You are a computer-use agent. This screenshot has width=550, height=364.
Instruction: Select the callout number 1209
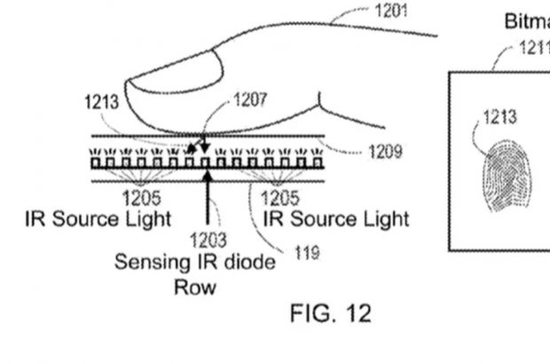383,152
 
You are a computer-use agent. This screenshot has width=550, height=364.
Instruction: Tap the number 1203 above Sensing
208,240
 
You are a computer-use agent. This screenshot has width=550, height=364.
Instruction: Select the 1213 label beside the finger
102,103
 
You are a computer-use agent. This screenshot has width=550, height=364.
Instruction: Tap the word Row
195,287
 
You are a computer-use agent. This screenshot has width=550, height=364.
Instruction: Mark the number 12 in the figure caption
357,313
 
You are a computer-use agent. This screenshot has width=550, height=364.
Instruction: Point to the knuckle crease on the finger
324,108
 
